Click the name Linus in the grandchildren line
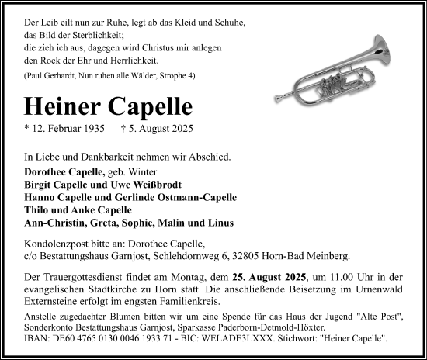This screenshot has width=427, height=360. (221, 223)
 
